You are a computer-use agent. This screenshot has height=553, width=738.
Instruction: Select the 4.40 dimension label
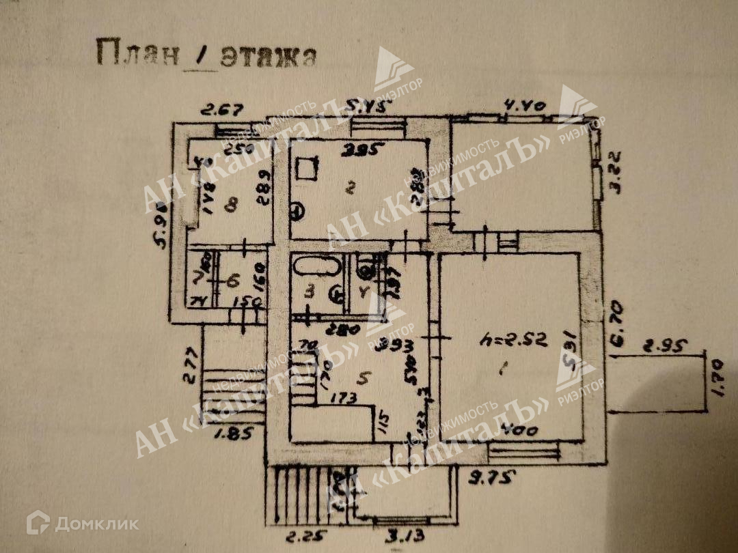click(523, 107)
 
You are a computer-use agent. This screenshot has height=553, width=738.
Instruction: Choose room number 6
click(232, 280)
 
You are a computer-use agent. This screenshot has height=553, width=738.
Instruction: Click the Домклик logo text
click(96, 524)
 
